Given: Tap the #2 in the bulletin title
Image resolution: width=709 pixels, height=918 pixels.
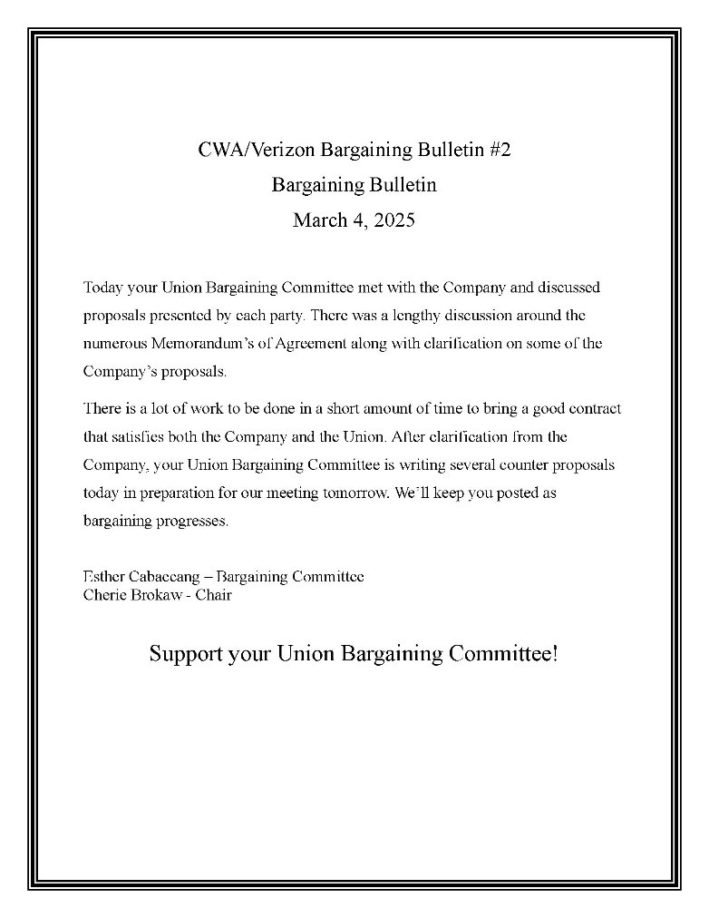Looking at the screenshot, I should (500, 150).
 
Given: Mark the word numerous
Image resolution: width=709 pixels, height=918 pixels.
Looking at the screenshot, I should (113, 344).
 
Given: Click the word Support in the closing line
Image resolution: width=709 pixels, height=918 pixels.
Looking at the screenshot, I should (186, 653).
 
